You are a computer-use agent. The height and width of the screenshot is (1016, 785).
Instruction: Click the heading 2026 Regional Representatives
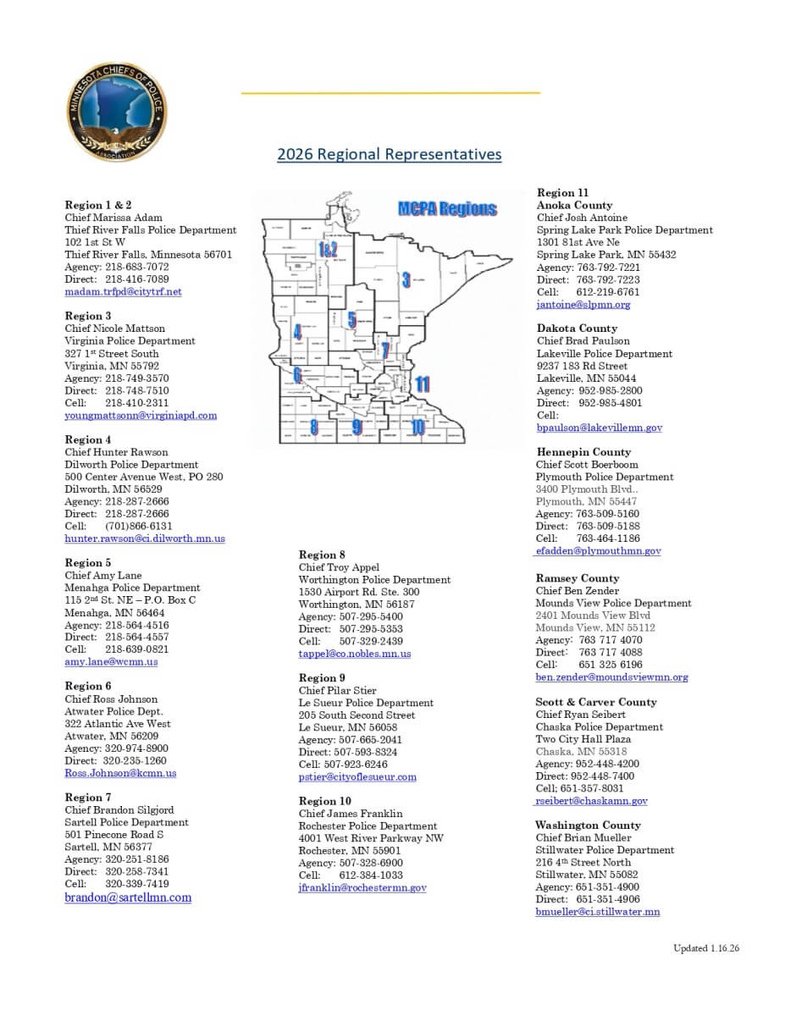(389, 154)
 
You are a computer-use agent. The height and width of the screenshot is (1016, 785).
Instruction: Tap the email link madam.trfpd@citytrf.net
(123, 292)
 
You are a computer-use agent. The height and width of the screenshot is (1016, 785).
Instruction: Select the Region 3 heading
(88, 316)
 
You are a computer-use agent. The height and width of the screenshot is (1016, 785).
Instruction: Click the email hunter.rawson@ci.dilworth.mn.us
(145, 538)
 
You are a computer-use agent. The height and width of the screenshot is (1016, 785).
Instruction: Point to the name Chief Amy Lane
(103, 576)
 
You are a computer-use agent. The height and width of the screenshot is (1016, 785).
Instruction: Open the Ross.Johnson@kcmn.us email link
(120, 773)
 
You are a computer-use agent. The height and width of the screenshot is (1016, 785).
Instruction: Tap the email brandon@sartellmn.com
(128, 897)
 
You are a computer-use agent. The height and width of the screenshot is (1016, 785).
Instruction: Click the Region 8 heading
(322, 555)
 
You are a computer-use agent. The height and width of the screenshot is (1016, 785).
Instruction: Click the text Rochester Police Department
(368, 826)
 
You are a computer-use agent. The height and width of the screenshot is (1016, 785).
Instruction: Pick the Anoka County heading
(574, 205)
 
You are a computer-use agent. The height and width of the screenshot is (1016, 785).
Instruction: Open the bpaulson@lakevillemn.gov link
(599, 428)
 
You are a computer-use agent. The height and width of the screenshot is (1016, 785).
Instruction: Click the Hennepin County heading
(583, 452)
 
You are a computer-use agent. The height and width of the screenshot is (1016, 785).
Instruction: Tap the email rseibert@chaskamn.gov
(592, 801)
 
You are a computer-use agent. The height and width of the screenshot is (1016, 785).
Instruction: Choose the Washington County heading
(588, 825)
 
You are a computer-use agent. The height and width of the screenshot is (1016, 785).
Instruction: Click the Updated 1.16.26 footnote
(706, 948)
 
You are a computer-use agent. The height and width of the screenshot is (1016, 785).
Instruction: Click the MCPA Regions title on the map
(447, 209)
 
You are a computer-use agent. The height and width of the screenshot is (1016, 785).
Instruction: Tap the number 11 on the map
(423, 384)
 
